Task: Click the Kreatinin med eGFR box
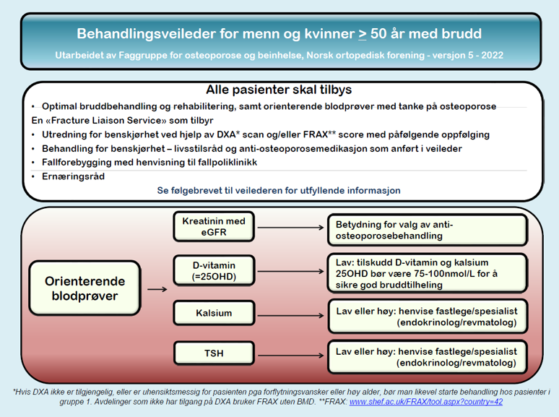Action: tap(214, 226)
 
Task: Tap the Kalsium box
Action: tap(214, 313)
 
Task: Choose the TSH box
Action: tap(214, 353)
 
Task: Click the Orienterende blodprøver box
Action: tap(85, 288)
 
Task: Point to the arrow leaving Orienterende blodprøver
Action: tap(155, 289)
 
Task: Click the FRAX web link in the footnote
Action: tap(426, 401)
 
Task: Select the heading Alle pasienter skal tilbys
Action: tap(279, 90)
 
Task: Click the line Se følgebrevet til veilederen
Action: tap(279, 190)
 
